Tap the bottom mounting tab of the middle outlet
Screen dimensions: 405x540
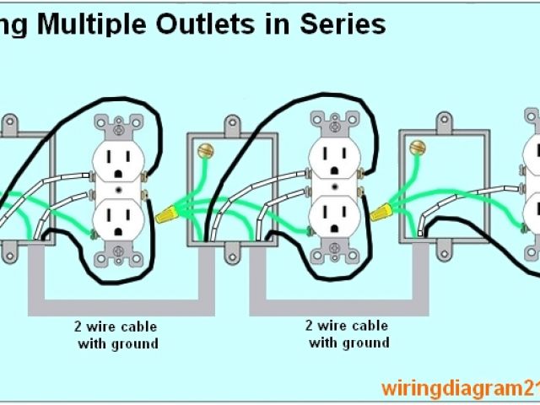(x=333, y=249)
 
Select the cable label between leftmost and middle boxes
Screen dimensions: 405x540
(x=117, y=336)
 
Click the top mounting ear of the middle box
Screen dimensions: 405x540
(x=230, y=126)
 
